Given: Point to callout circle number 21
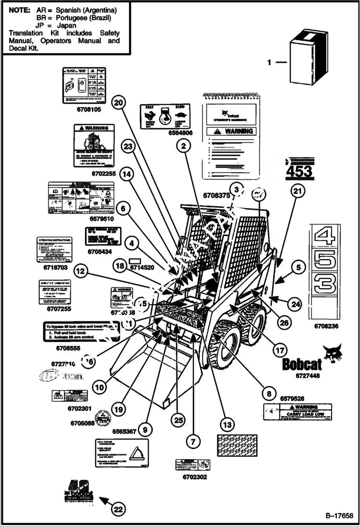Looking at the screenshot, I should click(298, 191).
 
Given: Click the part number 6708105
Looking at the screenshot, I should click(88, 110).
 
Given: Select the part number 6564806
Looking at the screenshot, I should click(166, 133).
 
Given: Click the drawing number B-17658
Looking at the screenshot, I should click(339, 516).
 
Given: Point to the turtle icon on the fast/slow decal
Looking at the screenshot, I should click(181, 115).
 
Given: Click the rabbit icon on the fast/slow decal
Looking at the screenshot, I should click(149, 116).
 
